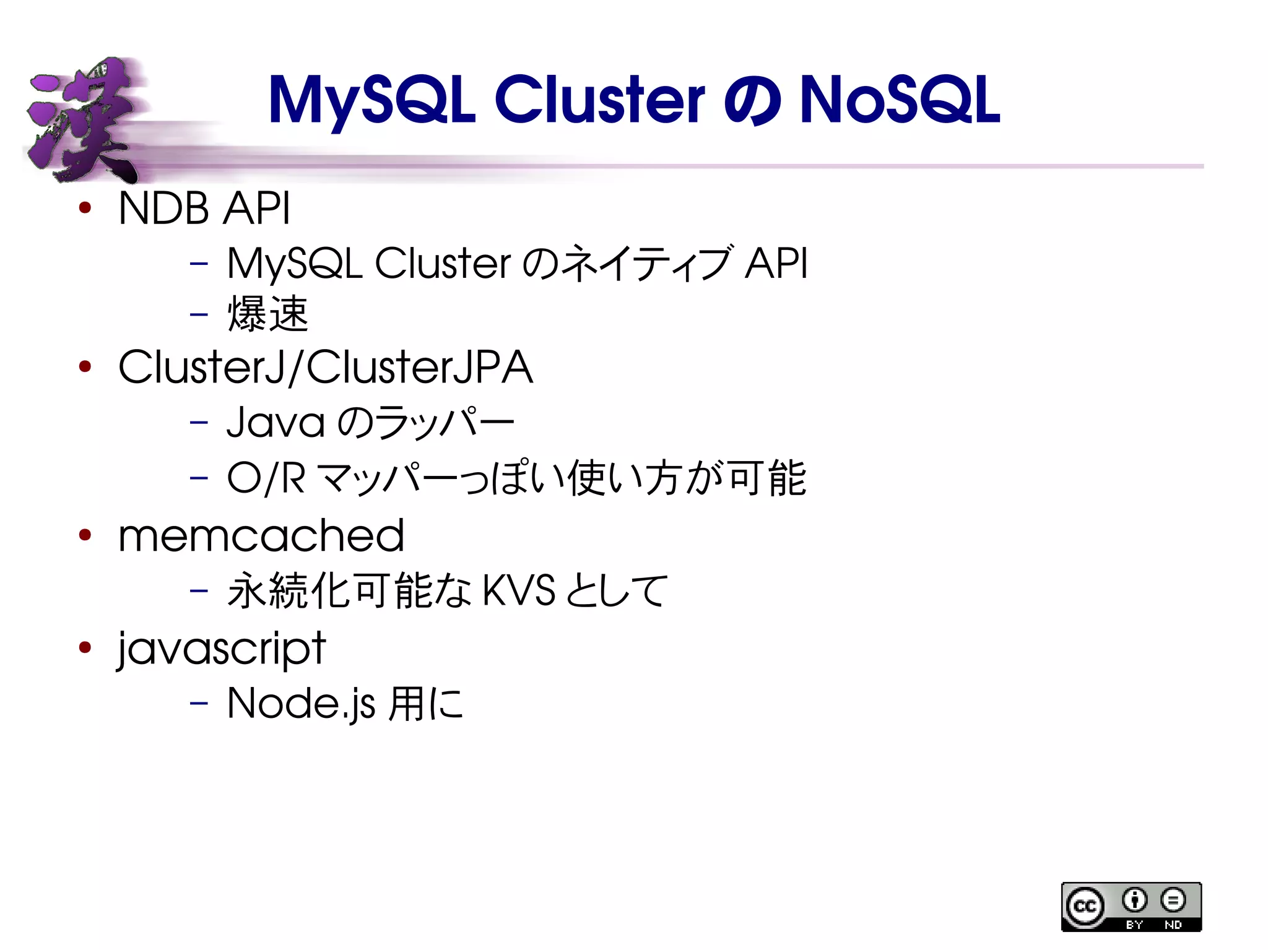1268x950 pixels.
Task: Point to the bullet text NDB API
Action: pos(204,209)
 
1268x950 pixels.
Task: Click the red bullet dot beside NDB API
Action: pos(85,208)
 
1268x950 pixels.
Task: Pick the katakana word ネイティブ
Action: pos(650,264)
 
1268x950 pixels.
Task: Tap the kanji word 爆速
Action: pos(267,314)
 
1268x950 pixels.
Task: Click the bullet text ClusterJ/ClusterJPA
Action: pos(325,368)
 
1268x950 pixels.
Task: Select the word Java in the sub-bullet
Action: pos(276,423)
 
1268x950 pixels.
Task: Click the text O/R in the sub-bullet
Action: pos(266,478)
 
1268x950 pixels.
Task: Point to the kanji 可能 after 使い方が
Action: pos(768,478)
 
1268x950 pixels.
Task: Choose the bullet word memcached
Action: pos(261,536)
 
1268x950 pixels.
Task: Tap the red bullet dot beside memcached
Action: pos(85,535)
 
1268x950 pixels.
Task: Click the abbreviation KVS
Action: pos(518,590)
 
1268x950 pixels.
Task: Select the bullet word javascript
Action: pos(222,649)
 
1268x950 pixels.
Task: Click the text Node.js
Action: pos(301,704)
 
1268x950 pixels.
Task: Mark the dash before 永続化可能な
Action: pos(199,590)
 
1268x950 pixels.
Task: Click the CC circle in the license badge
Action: pos(1085,907)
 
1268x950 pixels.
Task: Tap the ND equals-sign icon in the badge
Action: pos(1173,900)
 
